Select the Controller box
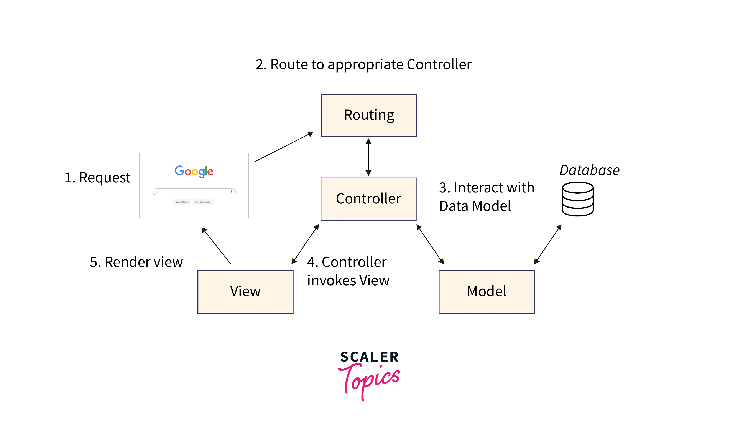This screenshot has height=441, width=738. click(368, 199)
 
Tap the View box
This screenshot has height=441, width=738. click(245, 292)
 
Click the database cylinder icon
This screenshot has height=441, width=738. click(577, 199)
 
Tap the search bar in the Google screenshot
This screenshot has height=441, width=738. click(194, 192)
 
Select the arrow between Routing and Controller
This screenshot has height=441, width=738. click(368, 157)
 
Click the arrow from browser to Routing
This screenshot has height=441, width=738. click(284, 147)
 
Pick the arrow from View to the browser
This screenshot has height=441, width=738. click(216, 245)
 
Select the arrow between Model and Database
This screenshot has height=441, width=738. click(548, 244)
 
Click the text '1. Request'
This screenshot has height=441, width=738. click(97, 178)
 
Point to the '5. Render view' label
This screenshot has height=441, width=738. click(136, 262)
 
